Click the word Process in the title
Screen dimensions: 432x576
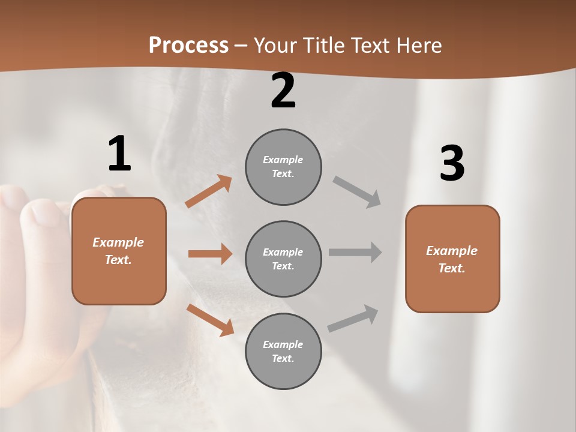point(188,45)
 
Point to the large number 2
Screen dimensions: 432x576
point(283,91)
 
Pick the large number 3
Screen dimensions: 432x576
point(452,163)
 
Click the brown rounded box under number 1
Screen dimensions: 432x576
point(119,251)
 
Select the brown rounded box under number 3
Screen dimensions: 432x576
point(452,259)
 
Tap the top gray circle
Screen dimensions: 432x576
point(283,167)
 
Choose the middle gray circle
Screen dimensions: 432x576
point(283,259)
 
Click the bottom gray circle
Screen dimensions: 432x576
point(283,352)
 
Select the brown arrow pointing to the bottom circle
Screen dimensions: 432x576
point(211,320)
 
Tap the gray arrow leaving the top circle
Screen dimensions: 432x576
point(356,192)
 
